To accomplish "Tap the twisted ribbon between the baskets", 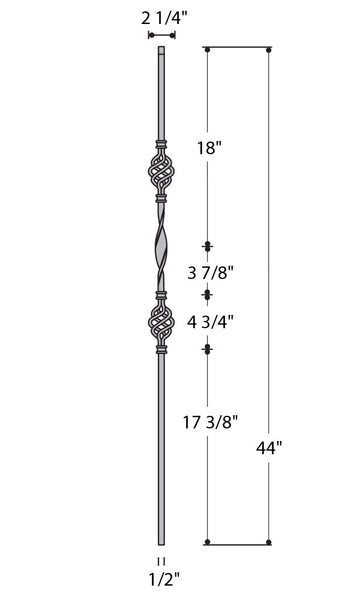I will [x=161, y=250].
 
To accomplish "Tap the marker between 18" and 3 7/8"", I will [x=208, y=246].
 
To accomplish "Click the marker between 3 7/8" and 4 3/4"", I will [x=208, y=294].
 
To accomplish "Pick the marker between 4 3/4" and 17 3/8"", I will [x=208, y=348].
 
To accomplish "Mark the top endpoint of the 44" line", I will [x=270, y=48].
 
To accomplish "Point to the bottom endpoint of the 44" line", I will [x=270, y=543].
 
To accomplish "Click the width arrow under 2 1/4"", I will [x=162, y=34].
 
